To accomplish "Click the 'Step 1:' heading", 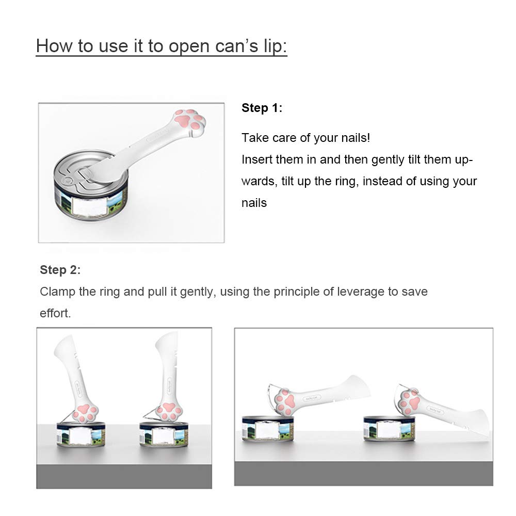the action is click(x=262, y=108).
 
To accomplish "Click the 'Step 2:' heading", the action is click(x=60, y=270).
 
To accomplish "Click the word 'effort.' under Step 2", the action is click(x=55, y=313).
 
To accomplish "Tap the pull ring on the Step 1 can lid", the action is click(x=77, y=176).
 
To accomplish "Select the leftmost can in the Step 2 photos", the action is click(x=81, y=434).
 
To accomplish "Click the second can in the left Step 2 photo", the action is click(x=164, y=434).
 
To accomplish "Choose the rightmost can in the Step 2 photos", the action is click(x=389, y=428).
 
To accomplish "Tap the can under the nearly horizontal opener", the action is click(x=268, y=428).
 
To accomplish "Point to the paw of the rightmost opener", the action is click(x=409, y=401).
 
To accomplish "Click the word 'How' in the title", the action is click(x=55, y=45).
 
